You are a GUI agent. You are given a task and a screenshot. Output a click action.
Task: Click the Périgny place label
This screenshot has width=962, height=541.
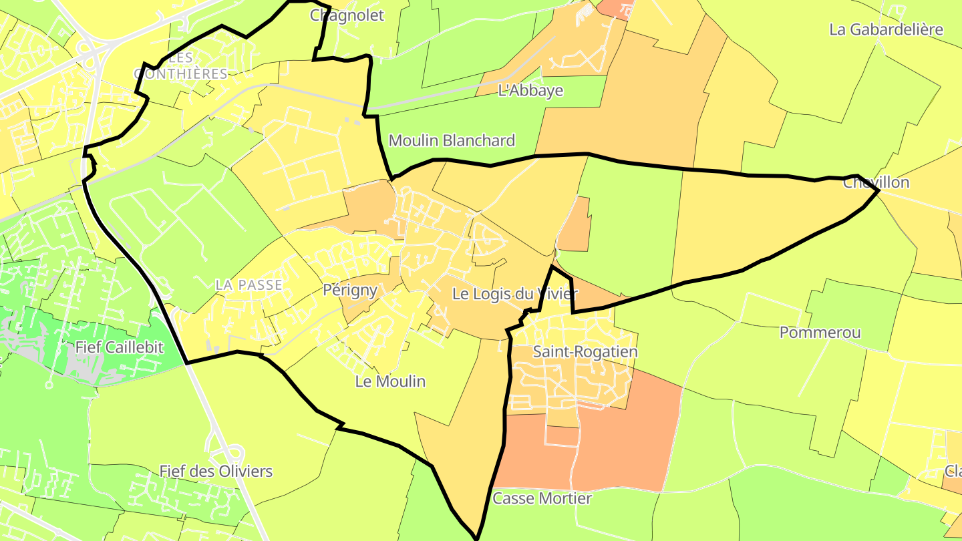click(x=350, y=291)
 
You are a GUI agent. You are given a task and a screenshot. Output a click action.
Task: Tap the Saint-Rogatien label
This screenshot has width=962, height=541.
click(x=585, y=352)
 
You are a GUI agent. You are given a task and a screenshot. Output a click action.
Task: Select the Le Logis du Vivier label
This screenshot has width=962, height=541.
click(x=514, y=294)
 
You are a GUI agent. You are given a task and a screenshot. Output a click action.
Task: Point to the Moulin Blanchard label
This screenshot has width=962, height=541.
click(x=452, y=141)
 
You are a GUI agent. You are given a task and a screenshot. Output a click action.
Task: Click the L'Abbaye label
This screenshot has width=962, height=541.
click(x=530, y=91)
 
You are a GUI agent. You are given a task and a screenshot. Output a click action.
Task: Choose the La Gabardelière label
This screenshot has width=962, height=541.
click(x=886, y=29)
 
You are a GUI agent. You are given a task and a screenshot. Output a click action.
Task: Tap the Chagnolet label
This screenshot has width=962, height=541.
click(x=347, y=15)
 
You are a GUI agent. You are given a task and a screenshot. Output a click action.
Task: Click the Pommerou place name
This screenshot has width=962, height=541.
click(x=820, y=333)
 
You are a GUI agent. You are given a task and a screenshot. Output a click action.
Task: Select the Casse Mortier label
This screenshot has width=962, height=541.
click(x=542, y=499)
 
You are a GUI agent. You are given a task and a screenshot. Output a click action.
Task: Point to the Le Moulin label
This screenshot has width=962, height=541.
click(x=390, y=382)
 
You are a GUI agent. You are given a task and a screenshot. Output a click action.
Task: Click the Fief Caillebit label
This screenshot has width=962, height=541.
click(x=119, y=347)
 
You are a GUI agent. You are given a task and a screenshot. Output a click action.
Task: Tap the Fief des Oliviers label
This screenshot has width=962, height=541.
click(x=216, y=472)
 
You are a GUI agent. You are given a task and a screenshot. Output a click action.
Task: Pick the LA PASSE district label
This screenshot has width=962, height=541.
click(x=249, y=285)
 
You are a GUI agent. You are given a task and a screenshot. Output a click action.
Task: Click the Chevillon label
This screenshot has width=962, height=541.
click(x=876, y=183)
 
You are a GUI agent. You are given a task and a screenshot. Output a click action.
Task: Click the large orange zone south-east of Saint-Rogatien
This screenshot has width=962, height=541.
click(x=628, y=434)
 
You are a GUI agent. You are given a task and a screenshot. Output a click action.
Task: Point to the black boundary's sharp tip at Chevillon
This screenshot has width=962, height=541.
click(x=878, y=190)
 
